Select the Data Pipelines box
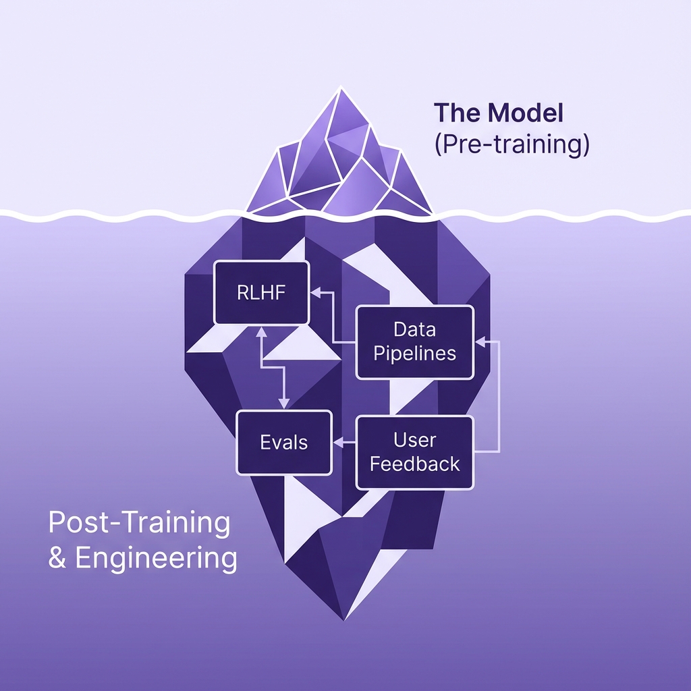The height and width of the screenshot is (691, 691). (x=415, y=341)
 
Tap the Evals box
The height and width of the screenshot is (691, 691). (x=283, y=442)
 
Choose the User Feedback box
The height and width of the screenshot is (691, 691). (x=415, y=452)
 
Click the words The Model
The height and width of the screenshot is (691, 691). (x=498, y=113)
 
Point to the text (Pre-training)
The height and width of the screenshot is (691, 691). (x=512, y=145)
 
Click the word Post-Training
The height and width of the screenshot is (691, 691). (x=139, y=523)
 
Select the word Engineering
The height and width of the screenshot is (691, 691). (x=156, y=559)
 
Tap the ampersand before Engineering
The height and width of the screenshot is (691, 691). (x=57, y=559)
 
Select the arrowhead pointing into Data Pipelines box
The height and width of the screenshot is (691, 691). (x=480, y=342)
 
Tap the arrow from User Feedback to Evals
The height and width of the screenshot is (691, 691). (x=344, y=442)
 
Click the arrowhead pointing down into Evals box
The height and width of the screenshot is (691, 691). (x=283, y=406)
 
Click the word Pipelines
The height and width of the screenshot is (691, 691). (x=415, y=354)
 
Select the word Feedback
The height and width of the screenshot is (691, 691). (x=415, y=464)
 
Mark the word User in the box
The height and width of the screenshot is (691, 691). (x=415, y=440)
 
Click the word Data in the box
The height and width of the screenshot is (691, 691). (x=415, y=330)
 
